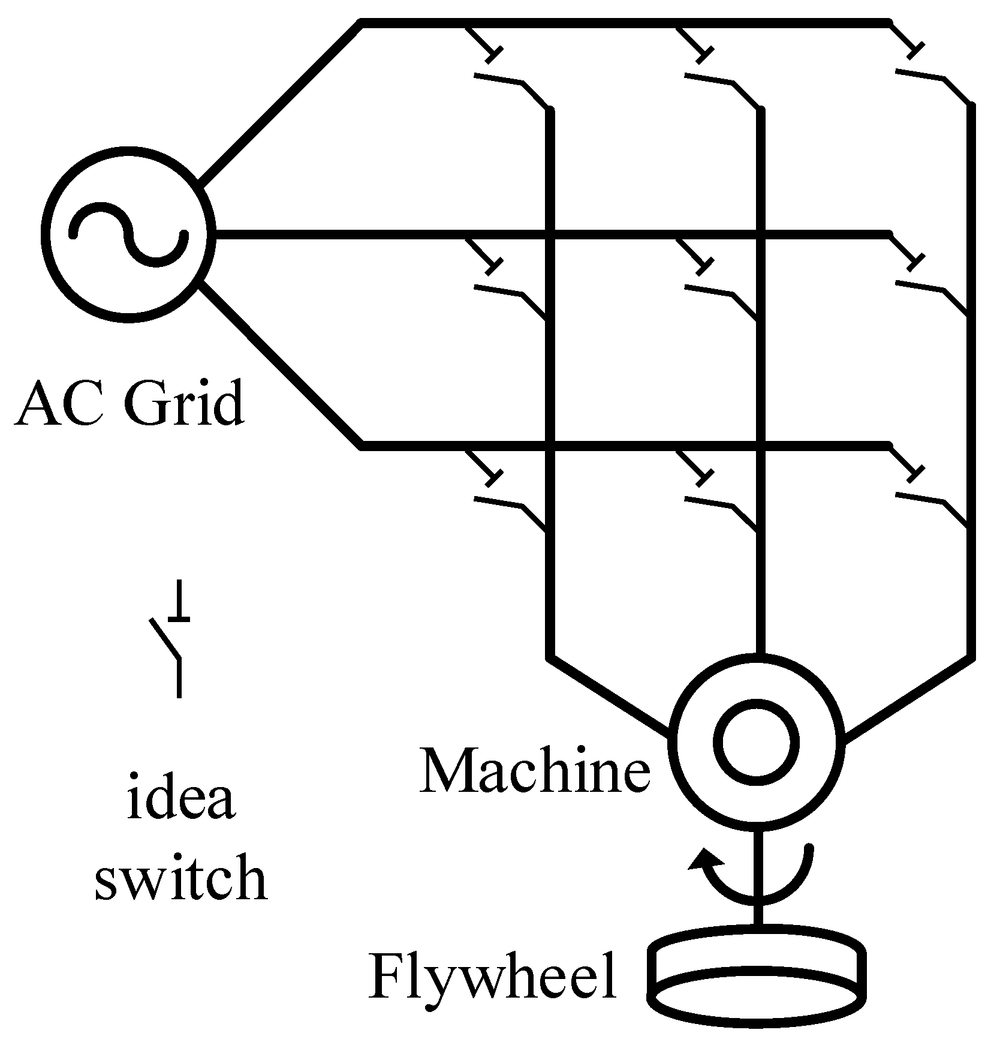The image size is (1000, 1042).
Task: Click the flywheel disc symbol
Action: pyautogui.click(x=758, y=978)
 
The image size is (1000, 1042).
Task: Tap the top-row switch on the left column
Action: pyautogui.click(x=510, y=78)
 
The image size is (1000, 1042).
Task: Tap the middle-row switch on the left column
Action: pyautogui.click(x=510, y=288)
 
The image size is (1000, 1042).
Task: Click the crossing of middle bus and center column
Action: pyautogui.click(x=760, y=234)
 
